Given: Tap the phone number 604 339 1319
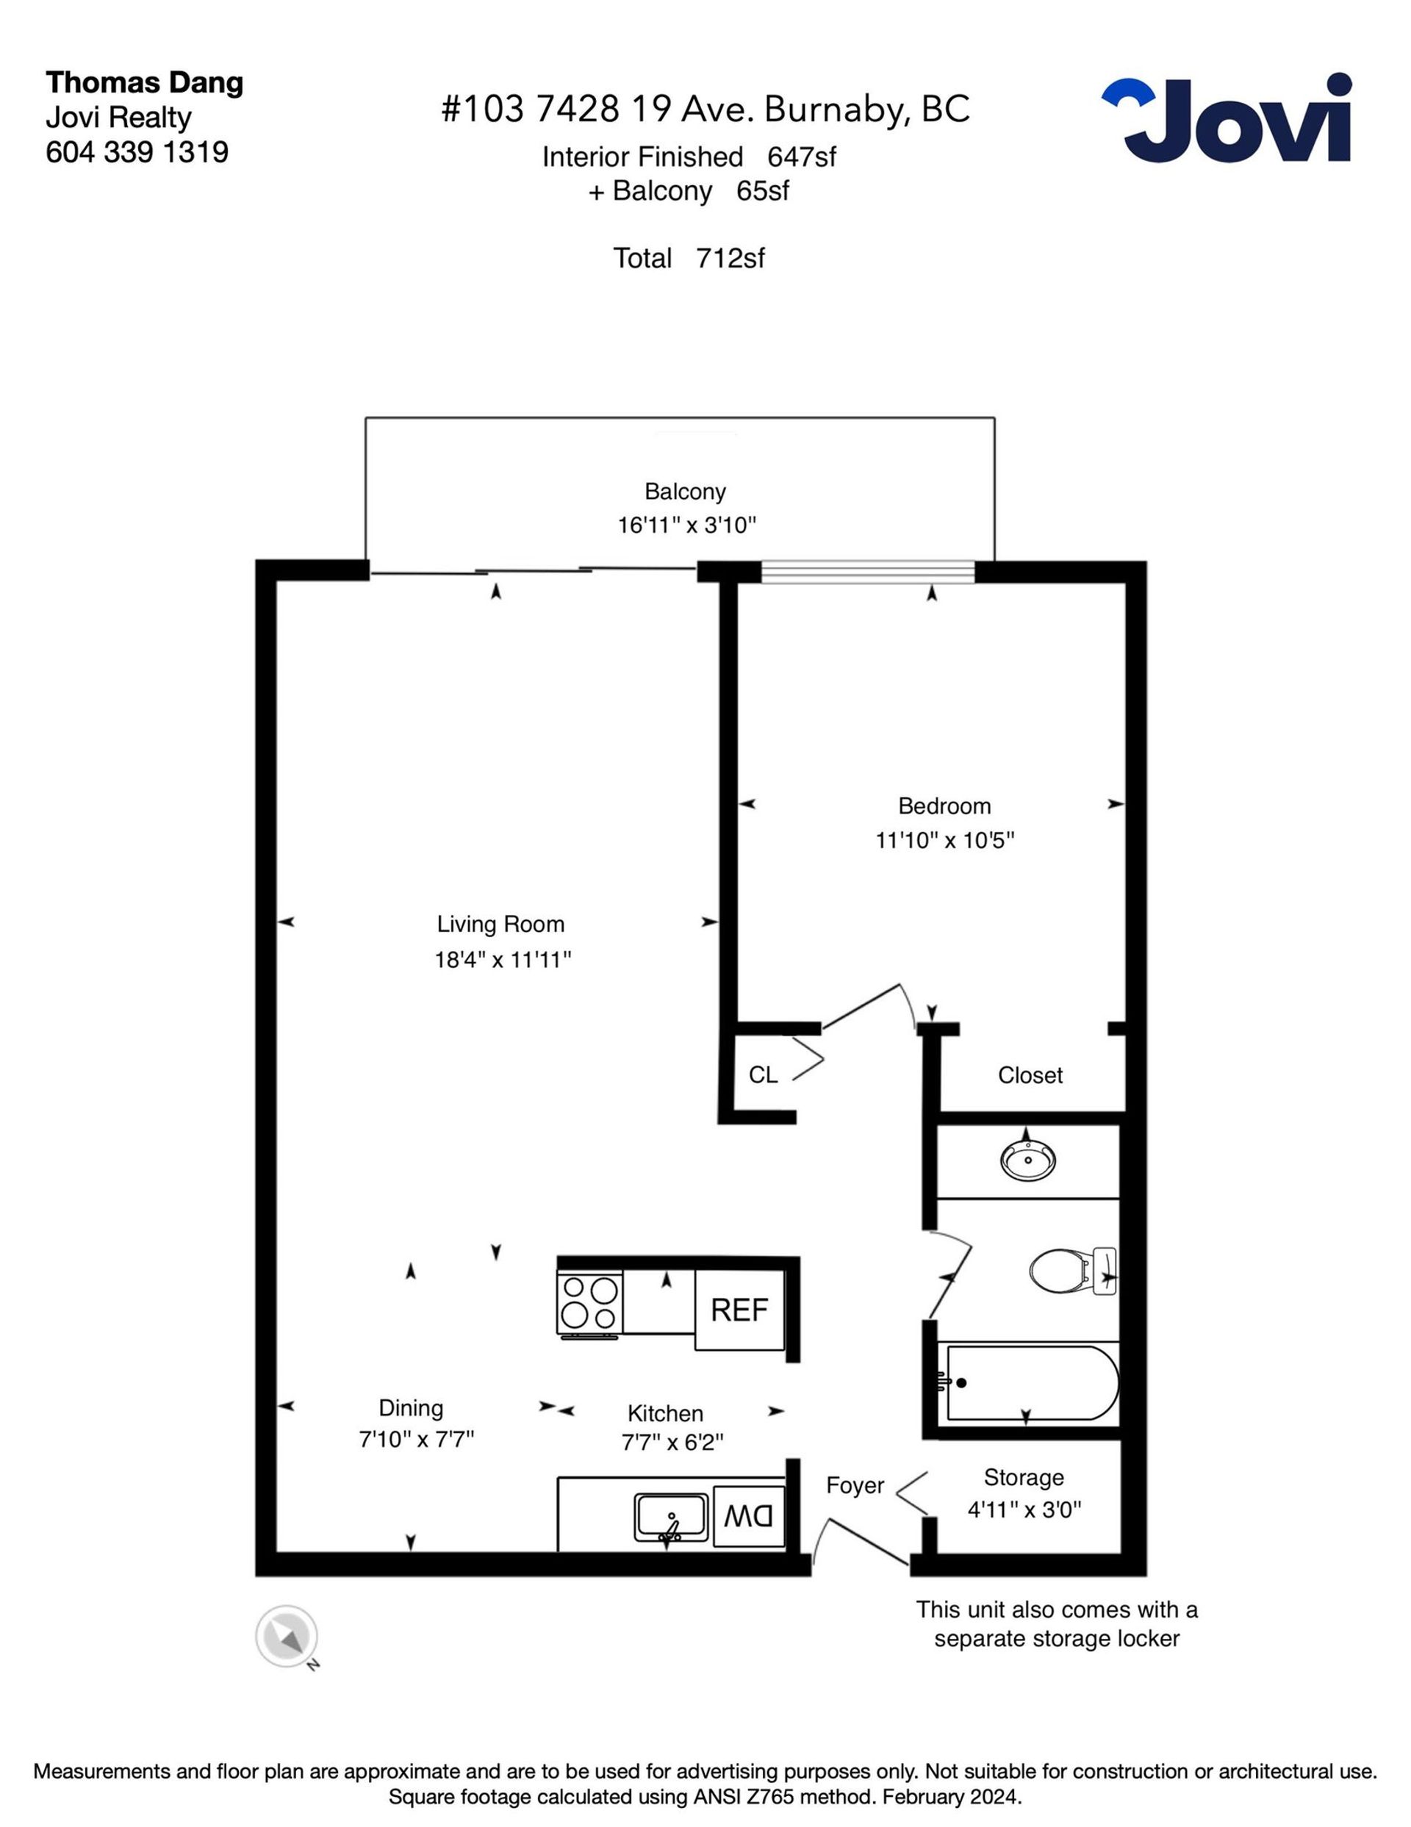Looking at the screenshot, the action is [x=137, y=151].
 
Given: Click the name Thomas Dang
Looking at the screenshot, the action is [x=145, y=83].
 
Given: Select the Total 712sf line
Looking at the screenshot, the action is [x=689, y=258].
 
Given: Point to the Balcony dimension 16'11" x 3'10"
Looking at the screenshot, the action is [x=686, y=525].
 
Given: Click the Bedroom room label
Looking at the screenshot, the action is [x=944, y=805].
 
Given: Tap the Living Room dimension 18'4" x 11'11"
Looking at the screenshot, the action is [x=503, y=960].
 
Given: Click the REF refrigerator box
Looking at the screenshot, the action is [x=739, y=1309].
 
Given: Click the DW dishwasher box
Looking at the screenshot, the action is [x=749, y=1514].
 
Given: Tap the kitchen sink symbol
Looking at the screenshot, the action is [x=671, y=1516].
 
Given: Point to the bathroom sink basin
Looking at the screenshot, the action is [x=1028, y=1160].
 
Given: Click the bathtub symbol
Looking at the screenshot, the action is [x=1028, y=1383].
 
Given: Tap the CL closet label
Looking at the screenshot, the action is [x=763, y=1075].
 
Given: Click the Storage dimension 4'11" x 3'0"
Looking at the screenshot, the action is [x=1024, y=1510].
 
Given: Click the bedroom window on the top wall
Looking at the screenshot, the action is [x=868, y=572].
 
